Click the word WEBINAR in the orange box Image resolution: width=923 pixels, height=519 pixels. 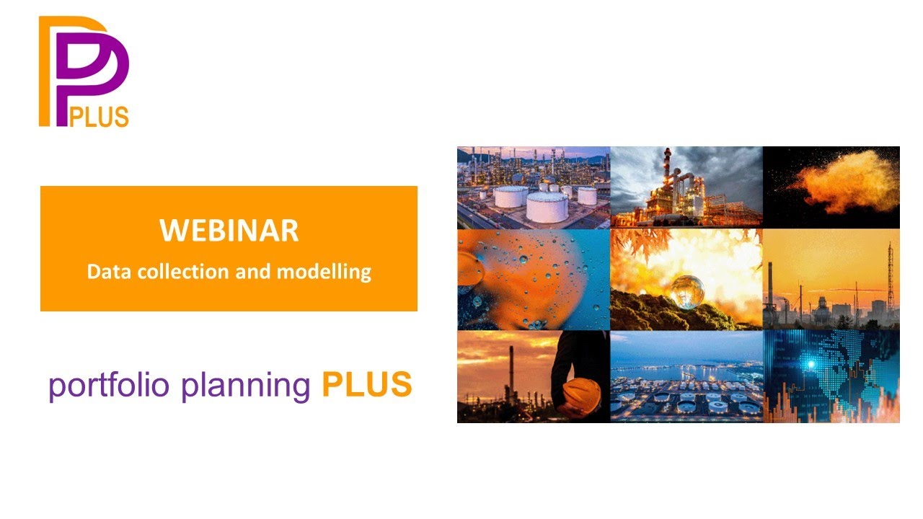pos(229,231)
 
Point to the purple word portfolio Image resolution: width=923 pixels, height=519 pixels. pos(108,386)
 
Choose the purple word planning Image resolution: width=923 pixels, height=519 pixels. pos(246,386)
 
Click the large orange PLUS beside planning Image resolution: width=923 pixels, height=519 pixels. pos(366,385)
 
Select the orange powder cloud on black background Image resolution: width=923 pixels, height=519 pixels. pos(844,180)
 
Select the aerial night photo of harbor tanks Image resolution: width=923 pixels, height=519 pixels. pos(686,376)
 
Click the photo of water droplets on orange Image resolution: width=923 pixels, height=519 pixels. pos(534,280)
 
